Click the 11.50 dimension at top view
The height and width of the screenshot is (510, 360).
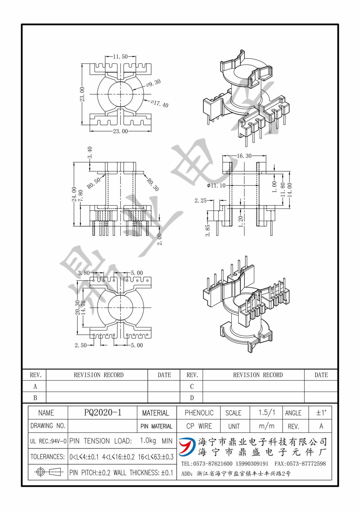coord(120,57)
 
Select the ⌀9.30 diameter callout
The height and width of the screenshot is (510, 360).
coord(153,83)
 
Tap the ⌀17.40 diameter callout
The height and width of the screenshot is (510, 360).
coord(160,104)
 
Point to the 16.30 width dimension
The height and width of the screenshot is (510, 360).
coord(244,156)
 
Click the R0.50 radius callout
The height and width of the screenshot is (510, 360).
coord(94,183)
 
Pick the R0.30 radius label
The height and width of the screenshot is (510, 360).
coord(153,185)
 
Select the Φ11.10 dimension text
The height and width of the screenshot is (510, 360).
coord(216,185)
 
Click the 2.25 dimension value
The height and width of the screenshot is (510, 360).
coord(200,201)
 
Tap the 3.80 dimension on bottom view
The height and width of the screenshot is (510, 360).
coord(84,273)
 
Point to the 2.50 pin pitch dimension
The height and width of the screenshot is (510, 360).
coord(81,345)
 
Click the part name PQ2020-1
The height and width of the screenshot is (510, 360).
coord(103,413)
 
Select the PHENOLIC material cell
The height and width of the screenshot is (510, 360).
coord(199,413)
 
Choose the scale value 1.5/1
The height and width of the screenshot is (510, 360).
coord(267,413)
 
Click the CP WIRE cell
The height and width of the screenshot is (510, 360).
coord(199,426)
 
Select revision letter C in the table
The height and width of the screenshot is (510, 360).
coord(192,386)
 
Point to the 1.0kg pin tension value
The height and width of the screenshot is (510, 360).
coord(148,441)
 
